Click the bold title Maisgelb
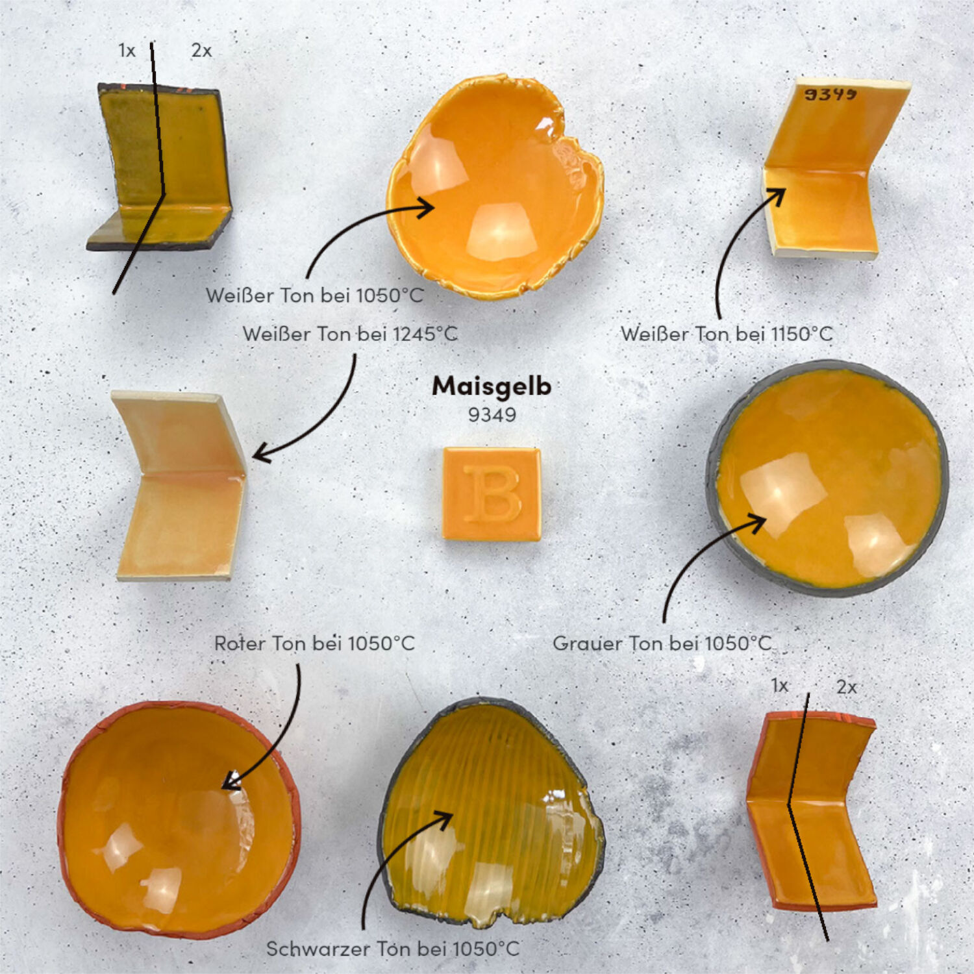point(492,386)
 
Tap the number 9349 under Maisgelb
point(492,415)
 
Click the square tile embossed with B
point(492,493)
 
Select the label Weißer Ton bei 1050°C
point(315,295)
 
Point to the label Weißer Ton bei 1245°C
point(350,334)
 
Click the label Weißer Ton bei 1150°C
point(727,334)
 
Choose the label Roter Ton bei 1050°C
point(314,643)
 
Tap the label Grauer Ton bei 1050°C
point(662,643)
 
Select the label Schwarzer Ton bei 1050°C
point(393,949)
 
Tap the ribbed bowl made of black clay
point(491,812)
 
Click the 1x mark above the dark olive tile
point(127,51)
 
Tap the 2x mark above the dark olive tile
point(201,51)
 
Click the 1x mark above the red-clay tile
point(780,686)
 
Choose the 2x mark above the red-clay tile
point(847,687)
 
